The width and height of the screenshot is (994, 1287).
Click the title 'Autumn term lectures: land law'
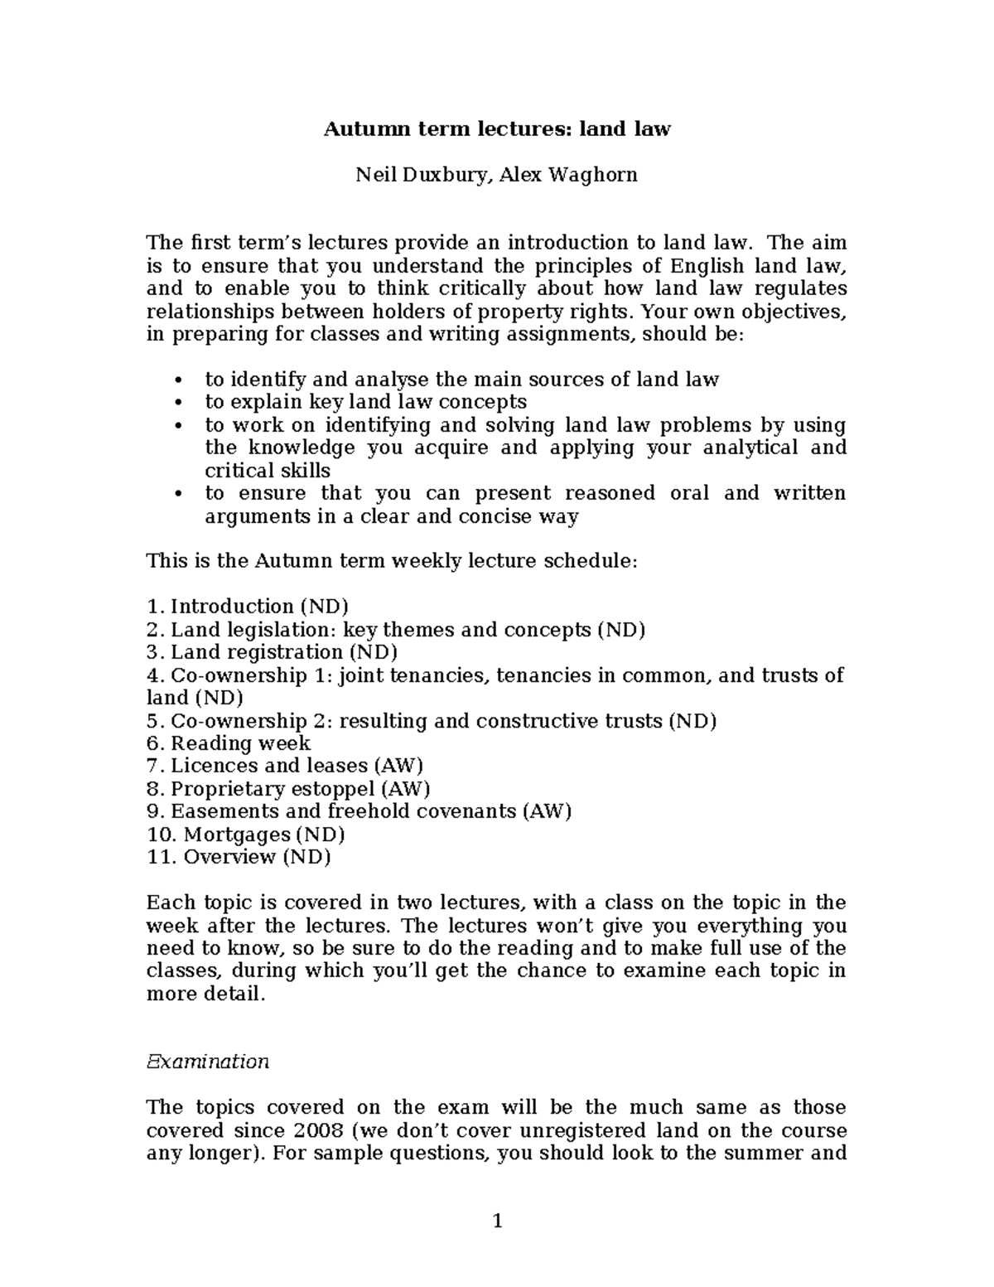point(496,129)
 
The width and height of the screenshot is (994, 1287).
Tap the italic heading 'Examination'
point(207,1062)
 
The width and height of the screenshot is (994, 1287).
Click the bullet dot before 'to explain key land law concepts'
point(179,403)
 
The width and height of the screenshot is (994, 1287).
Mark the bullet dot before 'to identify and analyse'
point(179,380)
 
